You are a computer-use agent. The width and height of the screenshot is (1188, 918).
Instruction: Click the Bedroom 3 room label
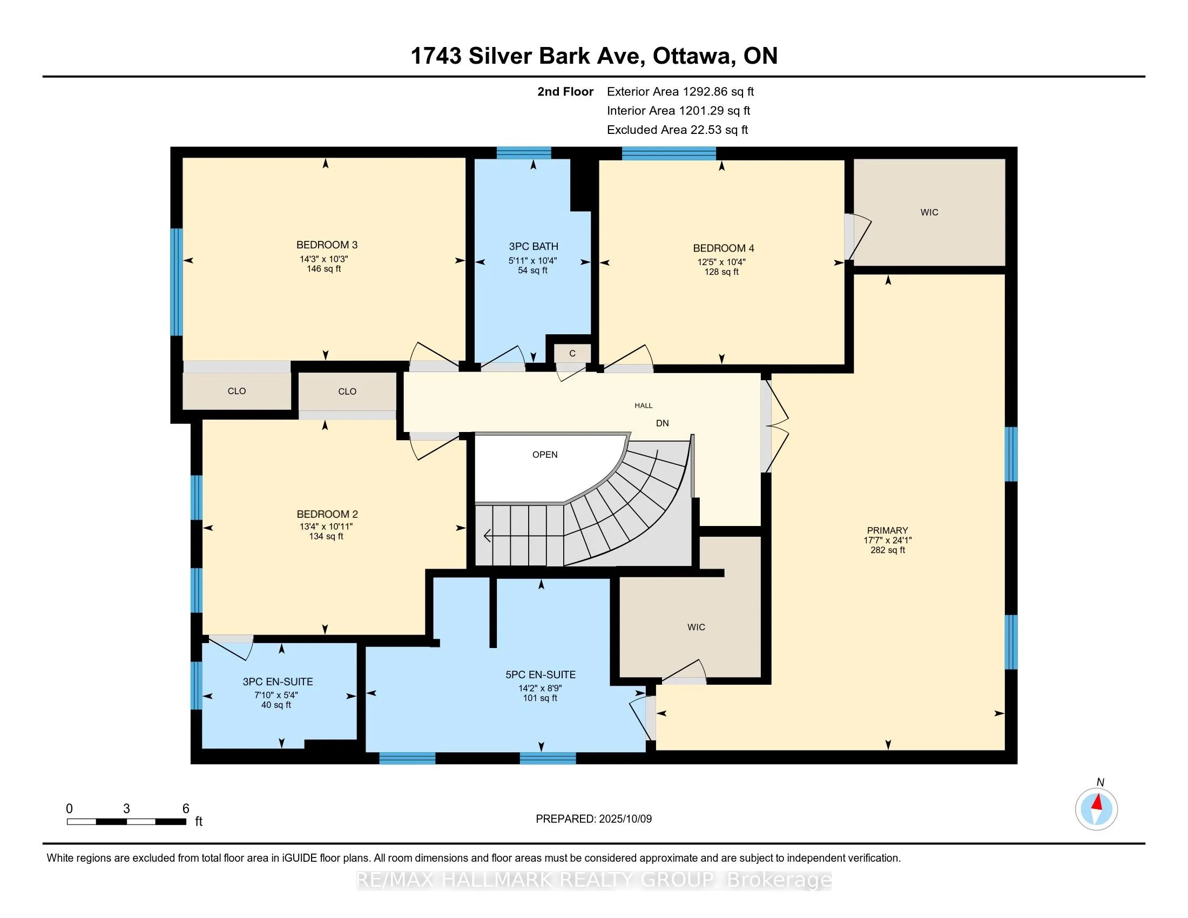tap(327, 245)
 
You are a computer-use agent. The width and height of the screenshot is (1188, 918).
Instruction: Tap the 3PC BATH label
tap(534, 246)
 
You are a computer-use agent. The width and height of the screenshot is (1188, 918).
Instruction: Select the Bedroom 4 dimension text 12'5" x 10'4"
tap(722, 261)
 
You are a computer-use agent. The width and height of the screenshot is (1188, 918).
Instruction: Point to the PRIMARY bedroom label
tap(888, 530)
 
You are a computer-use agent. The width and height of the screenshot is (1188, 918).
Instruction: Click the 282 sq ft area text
tap(888, 550)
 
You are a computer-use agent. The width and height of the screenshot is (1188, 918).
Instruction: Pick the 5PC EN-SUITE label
tap(541, 674)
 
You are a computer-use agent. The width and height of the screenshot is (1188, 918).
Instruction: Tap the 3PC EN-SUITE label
tap(278, 681)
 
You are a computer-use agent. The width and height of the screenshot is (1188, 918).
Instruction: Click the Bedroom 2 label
tap(327, 514)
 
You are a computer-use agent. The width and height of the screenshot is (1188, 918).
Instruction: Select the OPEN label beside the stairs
tap(545, 455)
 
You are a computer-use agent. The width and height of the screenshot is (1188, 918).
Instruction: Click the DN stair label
tap(663, 423)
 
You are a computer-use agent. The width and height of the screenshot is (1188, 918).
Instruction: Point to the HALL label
tap(644, 405)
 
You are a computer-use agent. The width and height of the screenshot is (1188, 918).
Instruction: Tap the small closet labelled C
tap(572, 354)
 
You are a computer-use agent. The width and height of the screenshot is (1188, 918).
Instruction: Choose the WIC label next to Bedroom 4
tap(930, 212)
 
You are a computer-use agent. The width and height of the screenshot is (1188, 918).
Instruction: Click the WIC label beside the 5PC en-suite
tap(696, 627)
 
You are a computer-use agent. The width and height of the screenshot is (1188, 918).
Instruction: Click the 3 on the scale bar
tap(127, 809)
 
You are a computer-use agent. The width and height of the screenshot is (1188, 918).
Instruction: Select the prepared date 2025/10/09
tap(623, 819)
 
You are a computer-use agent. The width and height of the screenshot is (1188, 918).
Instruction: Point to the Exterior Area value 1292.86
tap(704, 92)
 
